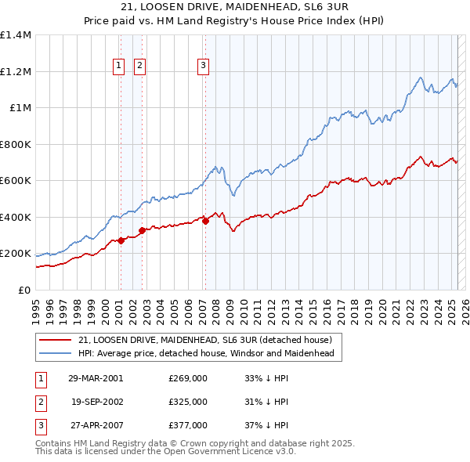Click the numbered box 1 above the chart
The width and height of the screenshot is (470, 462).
[120, 66]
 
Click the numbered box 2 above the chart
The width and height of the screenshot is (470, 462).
[140, 66]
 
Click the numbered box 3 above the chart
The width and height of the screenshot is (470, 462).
[203, 66]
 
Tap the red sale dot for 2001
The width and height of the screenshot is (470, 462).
[121, 241]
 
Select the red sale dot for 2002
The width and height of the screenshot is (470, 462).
[142, 231]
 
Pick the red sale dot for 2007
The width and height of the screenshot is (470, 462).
[205, 222]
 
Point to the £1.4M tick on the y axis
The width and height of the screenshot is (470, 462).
[16, 35]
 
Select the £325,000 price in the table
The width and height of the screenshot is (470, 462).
[188, 402]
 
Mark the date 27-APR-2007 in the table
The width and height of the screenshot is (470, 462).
[96, 425]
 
